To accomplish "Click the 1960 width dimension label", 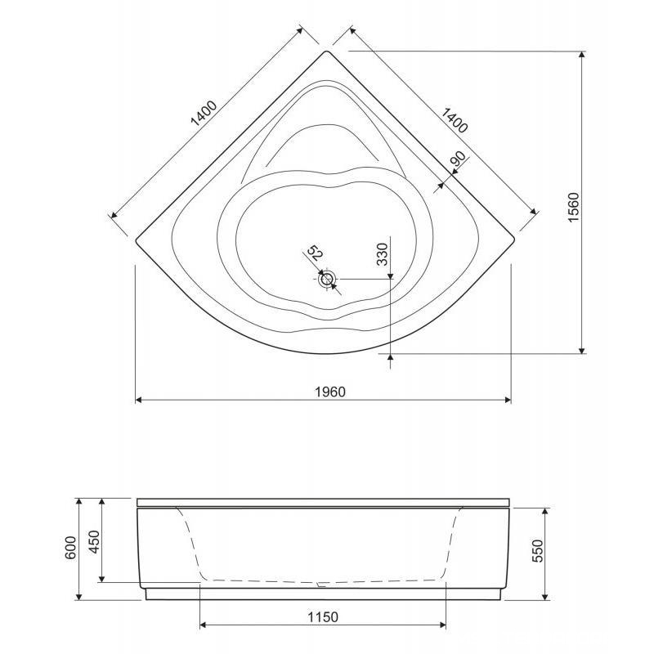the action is (x=329, y=392).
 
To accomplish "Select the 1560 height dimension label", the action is (x=575, y=208).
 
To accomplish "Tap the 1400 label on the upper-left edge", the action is (x=204, y=113).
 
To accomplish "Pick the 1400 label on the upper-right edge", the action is (x=455, y=120).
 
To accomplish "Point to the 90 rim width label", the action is (x=458, y=159).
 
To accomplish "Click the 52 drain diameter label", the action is (x=315, y=253).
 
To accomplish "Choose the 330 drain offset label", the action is (x=383, y=254).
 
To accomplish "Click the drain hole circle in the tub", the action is (x=327, y=279).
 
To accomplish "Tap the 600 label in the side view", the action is (x=71, y=548).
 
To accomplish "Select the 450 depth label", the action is (x=95, y=541).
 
